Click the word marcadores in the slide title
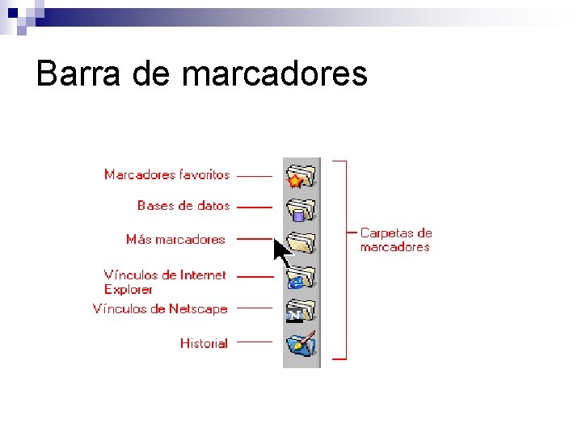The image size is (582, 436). pos(275,74)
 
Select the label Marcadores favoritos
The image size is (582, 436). pos(167,174)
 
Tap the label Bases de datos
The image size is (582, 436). pos(183,206)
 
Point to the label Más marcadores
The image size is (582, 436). pos(175,239)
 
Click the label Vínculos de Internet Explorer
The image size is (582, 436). pos(165,282)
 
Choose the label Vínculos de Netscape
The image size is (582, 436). pos(160,309)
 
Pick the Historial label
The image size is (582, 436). pos(204,343)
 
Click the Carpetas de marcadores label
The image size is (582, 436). pos(396,240)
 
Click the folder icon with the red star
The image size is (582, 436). pos(301,176)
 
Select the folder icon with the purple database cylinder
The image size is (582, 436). pos(301,210)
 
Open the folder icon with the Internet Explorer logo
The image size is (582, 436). pos(301,277)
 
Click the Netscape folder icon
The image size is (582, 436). pos(301,310)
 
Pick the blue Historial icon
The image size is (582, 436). pos(301,343)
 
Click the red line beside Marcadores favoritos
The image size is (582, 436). pos(255,175)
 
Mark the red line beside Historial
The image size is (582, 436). pos(255,342)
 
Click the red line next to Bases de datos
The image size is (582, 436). pos(255,207)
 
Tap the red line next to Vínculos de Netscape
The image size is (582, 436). pos(255,307)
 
